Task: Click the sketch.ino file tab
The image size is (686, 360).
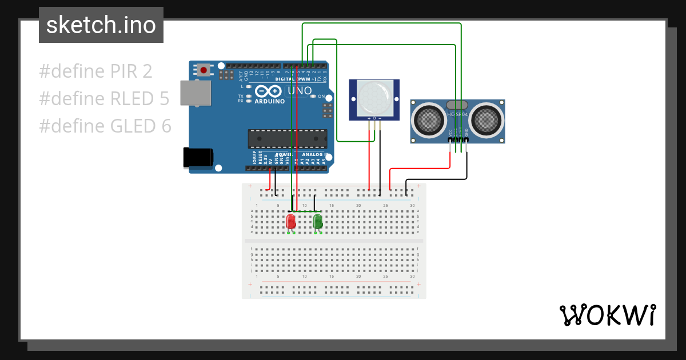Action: pyautogui.click(x=101, y=25)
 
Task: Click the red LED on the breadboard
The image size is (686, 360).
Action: pyautogui.click(x=291, y=221)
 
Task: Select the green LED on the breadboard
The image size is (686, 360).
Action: pyautogui.click(x=318, y=221)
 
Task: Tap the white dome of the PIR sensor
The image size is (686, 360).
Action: pyautogui.click(x=374, y=98)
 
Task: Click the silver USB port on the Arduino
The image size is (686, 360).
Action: pyautogui.click(x=195, y=93)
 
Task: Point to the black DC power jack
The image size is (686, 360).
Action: pyautogui.click(x=198, y=158)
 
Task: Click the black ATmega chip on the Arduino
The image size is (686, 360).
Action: pyautogui.click(x=287, y=139)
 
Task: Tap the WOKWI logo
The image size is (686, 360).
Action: pyautogui.click(x=607, y=315)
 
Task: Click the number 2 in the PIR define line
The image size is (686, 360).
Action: pyautogui.click(x=147, y=71)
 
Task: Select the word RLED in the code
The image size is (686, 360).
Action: pyautogui.click(x=133, y=99)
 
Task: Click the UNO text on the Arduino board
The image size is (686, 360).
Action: pyautogui.click(x=300, y=91)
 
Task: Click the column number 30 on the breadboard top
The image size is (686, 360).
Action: pyautogui.click(x=412, y=205)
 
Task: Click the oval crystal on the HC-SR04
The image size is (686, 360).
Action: pyautogui.click(x=457, y=105)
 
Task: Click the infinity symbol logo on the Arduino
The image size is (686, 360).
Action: pyautogui.click(x=268, y=91)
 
